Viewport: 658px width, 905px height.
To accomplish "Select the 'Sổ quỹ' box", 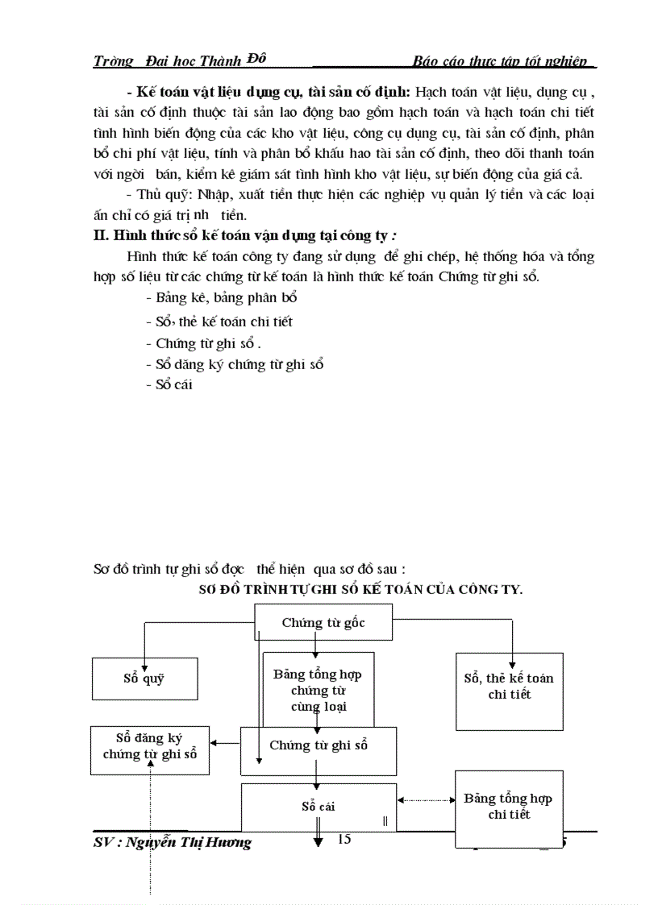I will [144, 679].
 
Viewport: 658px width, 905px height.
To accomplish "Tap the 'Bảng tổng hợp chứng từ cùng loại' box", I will [319, 690].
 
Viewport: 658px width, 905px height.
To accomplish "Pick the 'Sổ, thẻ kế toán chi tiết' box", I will [509, 687].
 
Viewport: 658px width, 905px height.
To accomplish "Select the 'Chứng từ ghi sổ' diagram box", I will [319, 746].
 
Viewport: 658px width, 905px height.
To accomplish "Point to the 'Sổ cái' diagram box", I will [319, 806].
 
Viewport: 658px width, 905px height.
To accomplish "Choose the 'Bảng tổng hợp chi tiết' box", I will [508, 806].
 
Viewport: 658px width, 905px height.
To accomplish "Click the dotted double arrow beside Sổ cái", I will [425, 800].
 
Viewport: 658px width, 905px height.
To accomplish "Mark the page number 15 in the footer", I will [344, 840].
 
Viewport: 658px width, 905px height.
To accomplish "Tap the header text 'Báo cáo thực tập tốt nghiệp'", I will [503, 61].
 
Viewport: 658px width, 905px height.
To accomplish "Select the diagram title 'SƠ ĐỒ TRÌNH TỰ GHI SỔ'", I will [361, 589].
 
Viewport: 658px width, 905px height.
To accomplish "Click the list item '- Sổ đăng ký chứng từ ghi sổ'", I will [235, 363].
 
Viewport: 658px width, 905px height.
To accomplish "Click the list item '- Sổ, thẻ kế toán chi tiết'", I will [219, 321].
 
